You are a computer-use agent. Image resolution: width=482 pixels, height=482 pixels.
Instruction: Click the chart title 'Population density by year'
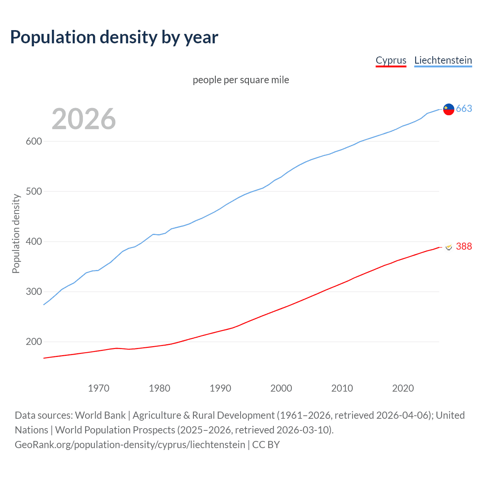[114, 37]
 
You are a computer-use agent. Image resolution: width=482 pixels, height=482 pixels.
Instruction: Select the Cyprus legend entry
[391, 60]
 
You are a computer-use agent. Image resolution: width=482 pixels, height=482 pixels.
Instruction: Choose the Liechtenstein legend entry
[443, 60]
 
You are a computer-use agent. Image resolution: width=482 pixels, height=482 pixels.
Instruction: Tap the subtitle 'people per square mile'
[241, 80]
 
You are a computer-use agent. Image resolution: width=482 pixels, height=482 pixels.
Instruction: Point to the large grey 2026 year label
[84, 119]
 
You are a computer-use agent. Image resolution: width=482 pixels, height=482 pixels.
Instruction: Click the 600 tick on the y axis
[34, 142]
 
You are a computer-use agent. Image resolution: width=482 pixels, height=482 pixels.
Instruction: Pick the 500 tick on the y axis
[34, 192]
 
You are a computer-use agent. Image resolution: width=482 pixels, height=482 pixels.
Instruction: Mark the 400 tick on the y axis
[34, 242]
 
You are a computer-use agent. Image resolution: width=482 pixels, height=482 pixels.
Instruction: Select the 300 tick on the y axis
[34, 292]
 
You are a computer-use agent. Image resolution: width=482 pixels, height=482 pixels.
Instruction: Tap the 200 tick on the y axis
[34, 342]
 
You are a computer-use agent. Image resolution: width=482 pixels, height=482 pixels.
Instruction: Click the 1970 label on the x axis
[99, 388]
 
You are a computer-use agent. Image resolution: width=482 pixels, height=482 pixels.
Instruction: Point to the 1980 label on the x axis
[160, 388]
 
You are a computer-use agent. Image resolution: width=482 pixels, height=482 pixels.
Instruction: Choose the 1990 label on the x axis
[220, 388]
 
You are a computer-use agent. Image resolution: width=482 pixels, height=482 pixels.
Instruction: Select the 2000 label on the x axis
[281, 388]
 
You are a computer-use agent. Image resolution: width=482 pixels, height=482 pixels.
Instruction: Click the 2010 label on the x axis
[342, 388]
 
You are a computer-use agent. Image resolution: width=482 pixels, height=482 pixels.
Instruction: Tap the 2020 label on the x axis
[403, 388]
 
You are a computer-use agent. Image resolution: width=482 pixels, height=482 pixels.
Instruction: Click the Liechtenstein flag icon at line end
[448, 109]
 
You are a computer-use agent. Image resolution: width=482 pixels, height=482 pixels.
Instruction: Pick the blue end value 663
[464, 109]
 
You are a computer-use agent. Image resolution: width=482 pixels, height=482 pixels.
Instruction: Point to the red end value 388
[464, 246]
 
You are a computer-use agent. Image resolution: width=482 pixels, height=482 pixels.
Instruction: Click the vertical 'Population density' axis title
[16, 233]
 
